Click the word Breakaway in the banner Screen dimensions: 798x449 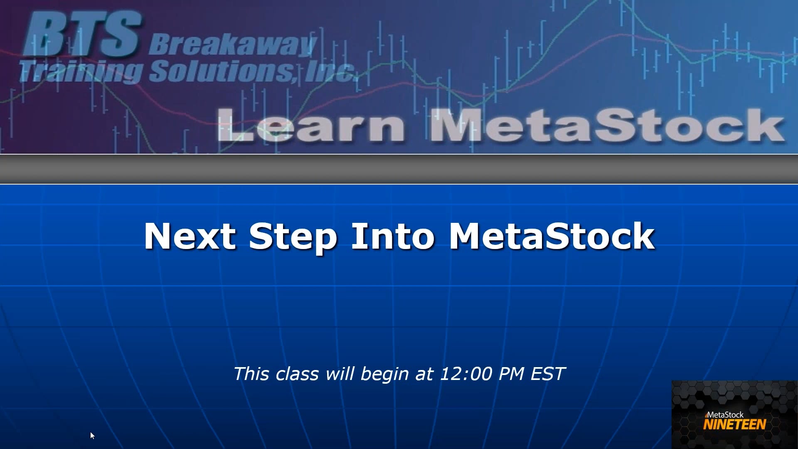pos(232,45)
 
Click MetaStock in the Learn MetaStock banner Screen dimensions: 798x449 pos(607,126)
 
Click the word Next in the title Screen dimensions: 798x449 pos(190,236)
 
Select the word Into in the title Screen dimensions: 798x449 pos(393,236)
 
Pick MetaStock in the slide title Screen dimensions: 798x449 pos(552,236)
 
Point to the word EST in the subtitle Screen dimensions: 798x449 pos(548,374)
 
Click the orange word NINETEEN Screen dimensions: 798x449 pos(734,424)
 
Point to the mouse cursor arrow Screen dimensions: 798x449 pos(92,435)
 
